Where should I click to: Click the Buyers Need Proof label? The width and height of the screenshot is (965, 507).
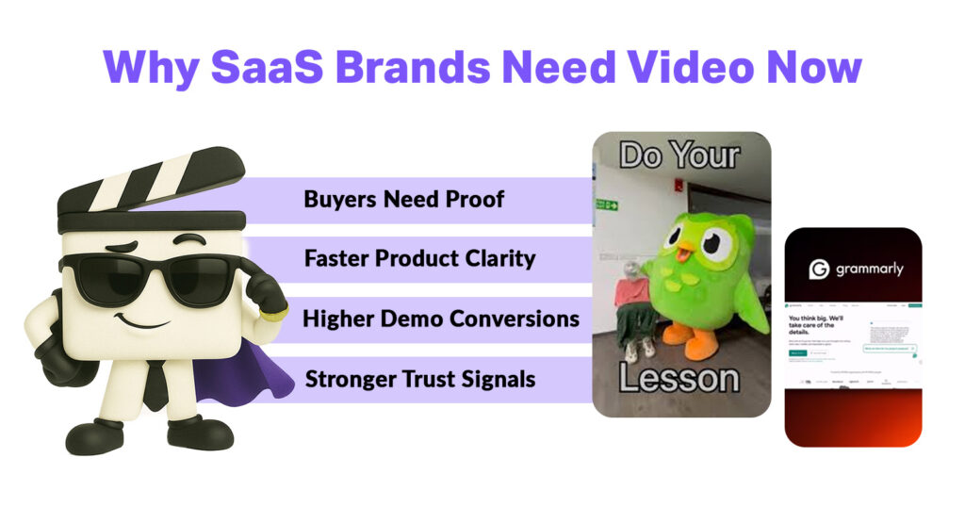tap(403, 200)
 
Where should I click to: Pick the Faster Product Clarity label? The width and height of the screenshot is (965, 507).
tap(419, 259)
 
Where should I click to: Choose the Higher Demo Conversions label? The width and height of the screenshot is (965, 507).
tap(440, 319)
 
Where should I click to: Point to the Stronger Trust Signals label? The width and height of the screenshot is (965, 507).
tap(420, 380)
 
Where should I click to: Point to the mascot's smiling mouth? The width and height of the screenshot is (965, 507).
tap(141, 320)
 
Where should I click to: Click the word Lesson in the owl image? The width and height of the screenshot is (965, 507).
tap(679, 379)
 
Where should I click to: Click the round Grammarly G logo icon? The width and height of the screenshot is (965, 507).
tap(820, 269)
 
